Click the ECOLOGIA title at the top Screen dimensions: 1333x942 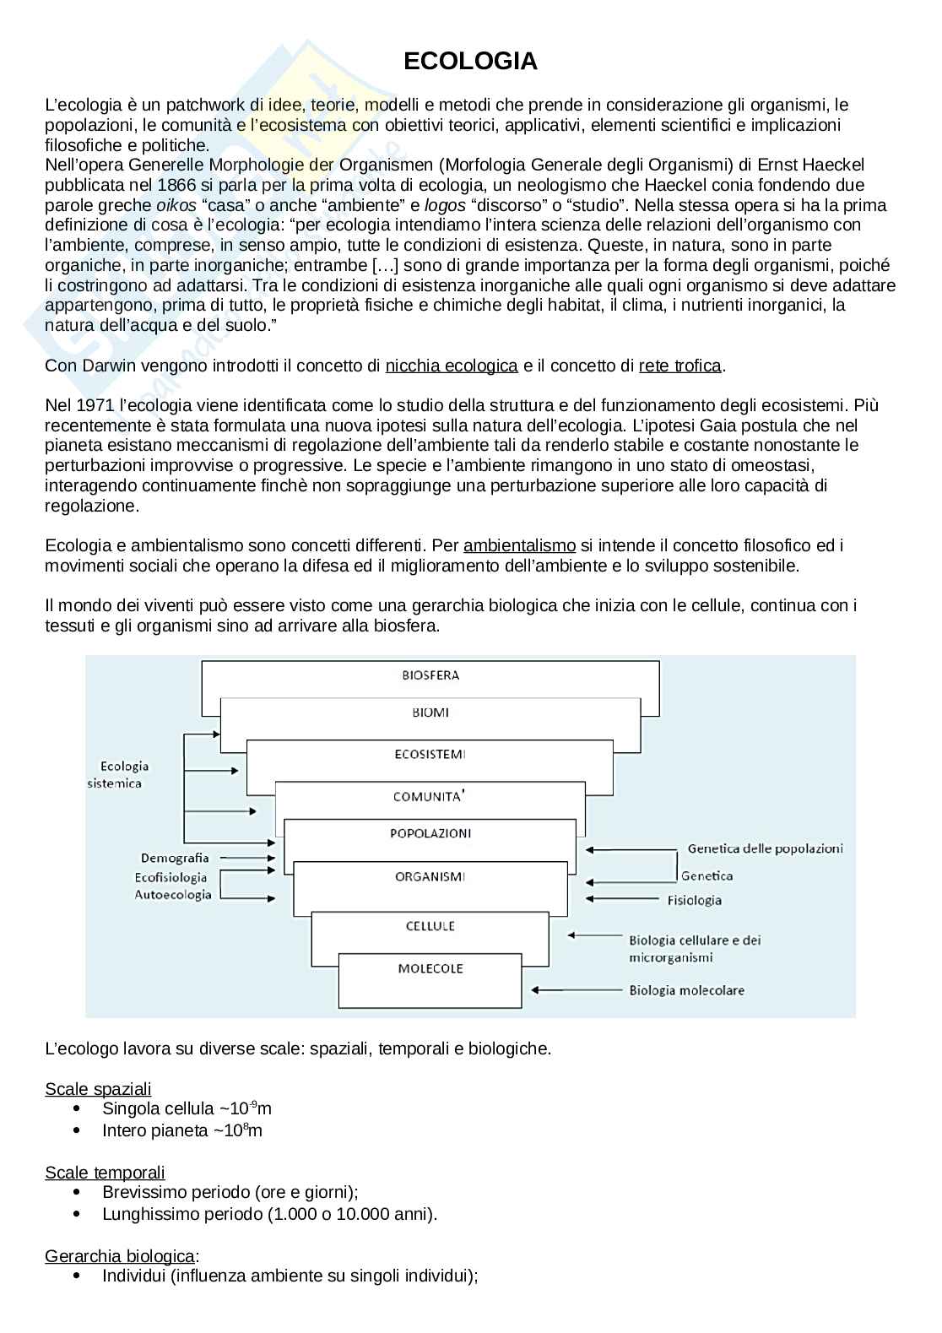470,61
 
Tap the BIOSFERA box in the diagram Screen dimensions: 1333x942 430,675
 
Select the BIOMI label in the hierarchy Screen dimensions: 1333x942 430,713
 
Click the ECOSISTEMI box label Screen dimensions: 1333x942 430,754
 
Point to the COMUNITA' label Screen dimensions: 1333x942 430,796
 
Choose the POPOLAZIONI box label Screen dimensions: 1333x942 430,833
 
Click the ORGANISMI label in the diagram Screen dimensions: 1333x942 430,876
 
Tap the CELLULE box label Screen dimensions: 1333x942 430,926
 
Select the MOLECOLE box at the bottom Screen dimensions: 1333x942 430,968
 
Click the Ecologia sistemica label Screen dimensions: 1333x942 119,775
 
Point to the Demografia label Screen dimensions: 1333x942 175,858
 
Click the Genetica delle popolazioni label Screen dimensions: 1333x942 765,848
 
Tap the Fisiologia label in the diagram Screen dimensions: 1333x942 694,900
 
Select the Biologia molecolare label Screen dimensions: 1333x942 686,990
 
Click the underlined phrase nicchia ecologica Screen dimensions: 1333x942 452,366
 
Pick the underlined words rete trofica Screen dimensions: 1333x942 680,366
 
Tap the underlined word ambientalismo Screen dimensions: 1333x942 520,545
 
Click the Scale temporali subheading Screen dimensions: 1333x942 105,1173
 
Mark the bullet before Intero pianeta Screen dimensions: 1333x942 78,1130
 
